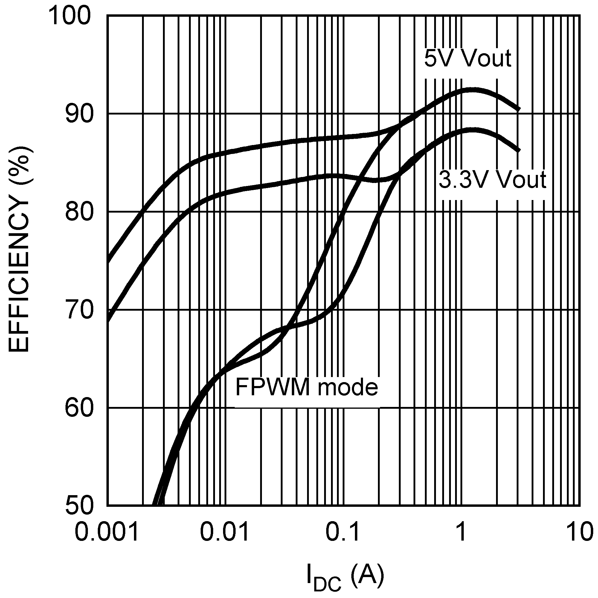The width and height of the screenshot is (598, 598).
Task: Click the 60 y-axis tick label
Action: click(79, 408)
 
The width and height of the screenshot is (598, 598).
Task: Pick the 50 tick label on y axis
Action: click(79, 507)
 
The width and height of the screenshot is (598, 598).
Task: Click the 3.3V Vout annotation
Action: click(492, 179)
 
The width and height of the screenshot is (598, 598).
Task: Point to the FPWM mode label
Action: click(306, 387)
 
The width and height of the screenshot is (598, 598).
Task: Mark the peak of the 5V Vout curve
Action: click(472, 90)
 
